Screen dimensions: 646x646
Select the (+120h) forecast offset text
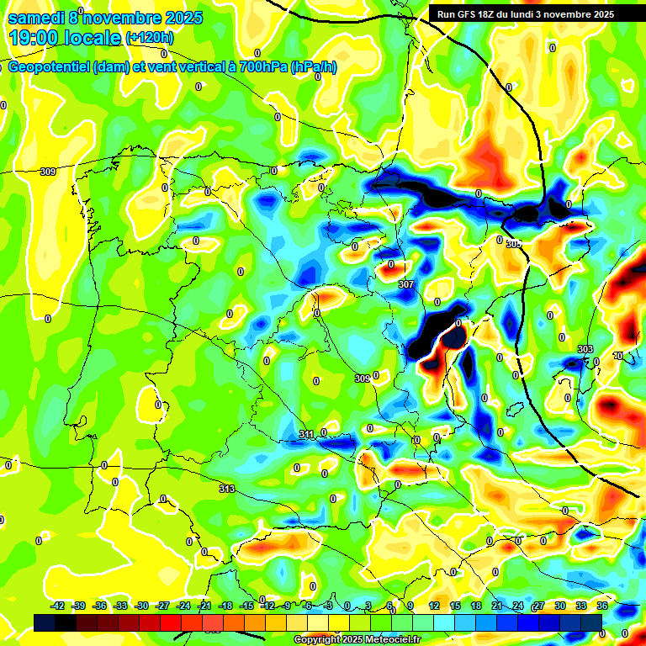coord(149,38)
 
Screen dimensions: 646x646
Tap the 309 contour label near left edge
coord(48,172)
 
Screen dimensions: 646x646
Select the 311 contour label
coord(306,434)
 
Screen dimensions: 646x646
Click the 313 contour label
coord(227,489)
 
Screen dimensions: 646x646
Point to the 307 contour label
coord(406,285)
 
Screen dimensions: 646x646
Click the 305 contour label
coord(514,243)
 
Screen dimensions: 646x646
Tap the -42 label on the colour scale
coord(58,606)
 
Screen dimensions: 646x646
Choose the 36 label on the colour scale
coord(602,606)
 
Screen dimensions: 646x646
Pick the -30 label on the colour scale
coord(142,606)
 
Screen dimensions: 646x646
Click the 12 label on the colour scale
coord(434,606)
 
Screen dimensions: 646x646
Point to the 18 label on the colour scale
coord(476,606)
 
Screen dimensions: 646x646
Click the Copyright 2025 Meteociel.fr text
coord(357,639)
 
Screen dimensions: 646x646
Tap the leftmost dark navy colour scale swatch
coord(45,622)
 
